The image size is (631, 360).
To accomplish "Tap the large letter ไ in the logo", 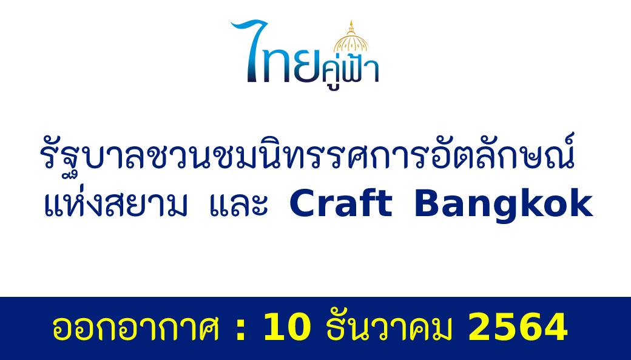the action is pos(251,51).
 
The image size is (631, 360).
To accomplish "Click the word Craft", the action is pos(341,203).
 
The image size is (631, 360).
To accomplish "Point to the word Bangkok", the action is pos(504,205).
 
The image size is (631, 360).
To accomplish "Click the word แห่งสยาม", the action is pos(115,203).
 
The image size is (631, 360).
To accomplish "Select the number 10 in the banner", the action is pos(287,327).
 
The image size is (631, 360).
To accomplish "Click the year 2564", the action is pos(518,327).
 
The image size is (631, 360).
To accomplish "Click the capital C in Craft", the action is pos(302,203).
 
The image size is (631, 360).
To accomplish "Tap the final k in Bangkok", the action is pos(581,203).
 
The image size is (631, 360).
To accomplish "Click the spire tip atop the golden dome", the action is pos(351,20).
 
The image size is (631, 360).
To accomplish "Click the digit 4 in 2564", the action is pos(555,327).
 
